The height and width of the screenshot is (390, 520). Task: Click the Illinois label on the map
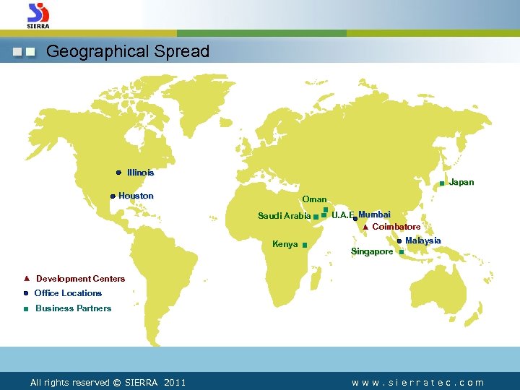pyautogui.click(x=140, y=173)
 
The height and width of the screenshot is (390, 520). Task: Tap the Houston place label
pyautogui.click(x=136, y=196)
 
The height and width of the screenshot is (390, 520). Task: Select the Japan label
pyautogui.click(x=461, y=182)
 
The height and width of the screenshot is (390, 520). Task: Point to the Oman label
pyautogui.click(x=314, y=199)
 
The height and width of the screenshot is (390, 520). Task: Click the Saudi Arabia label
pyautogui.click(x=284, y=216)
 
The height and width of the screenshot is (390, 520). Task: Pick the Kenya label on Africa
pyautogui.click(x=285, y=244)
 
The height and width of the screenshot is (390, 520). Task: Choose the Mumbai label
pyautogui.click(x=374, y=214)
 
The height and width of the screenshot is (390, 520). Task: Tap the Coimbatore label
pyautogui.click(x=396, y=227)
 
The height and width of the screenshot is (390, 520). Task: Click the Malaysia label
pyautogui.click(x=423, y=240)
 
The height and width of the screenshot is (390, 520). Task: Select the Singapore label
pyautogui.click(x=372, y=251)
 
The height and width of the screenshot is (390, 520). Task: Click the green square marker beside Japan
pyautogui.click(x=442, y=183)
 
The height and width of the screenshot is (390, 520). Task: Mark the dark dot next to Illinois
pyautogui.click(x=118, y=173)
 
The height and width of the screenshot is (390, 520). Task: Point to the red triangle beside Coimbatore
pyautogui.click(x=365, y=227)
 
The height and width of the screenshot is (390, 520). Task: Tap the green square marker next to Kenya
pyautogui.click(x=305, y=246)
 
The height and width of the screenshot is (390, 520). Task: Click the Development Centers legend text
pyautogui.click(x=80, y=279)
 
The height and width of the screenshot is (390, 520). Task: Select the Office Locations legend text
pyautogui.click(x=68, y=293)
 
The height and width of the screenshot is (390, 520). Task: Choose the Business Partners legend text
pyautogui.click(x=73, y=308)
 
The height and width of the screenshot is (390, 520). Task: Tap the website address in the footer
pyautogui.click(x=417, y=383)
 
